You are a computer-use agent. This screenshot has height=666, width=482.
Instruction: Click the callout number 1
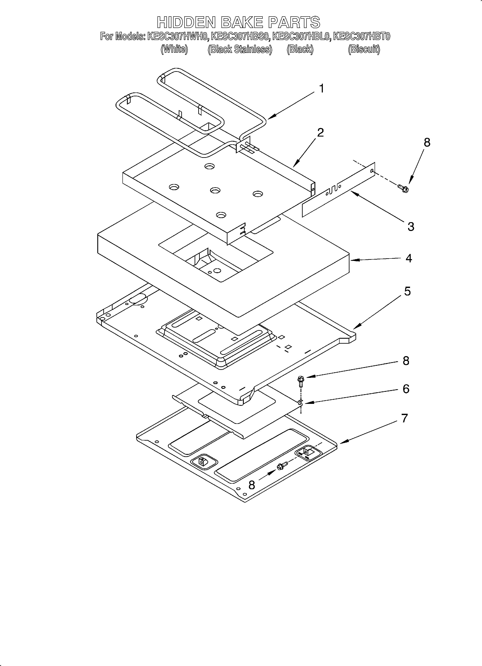click(x=322, y=88)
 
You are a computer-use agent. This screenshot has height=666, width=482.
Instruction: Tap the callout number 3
click(x=411, y=226)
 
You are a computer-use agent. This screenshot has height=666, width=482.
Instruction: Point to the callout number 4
click(x=409, y=258)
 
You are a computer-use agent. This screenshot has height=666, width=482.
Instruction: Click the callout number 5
click(x=407, y=291)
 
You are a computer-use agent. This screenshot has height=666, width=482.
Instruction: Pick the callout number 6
click(x=406, y=389)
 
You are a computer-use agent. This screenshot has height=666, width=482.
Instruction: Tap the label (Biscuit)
click(x=364, y=49)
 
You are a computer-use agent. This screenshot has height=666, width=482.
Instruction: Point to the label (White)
click(x=174, y=49)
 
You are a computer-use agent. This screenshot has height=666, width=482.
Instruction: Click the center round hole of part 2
click(x=215, y=191)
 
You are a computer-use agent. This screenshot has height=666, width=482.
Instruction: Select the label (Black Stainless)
click(x=240, y=49)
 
